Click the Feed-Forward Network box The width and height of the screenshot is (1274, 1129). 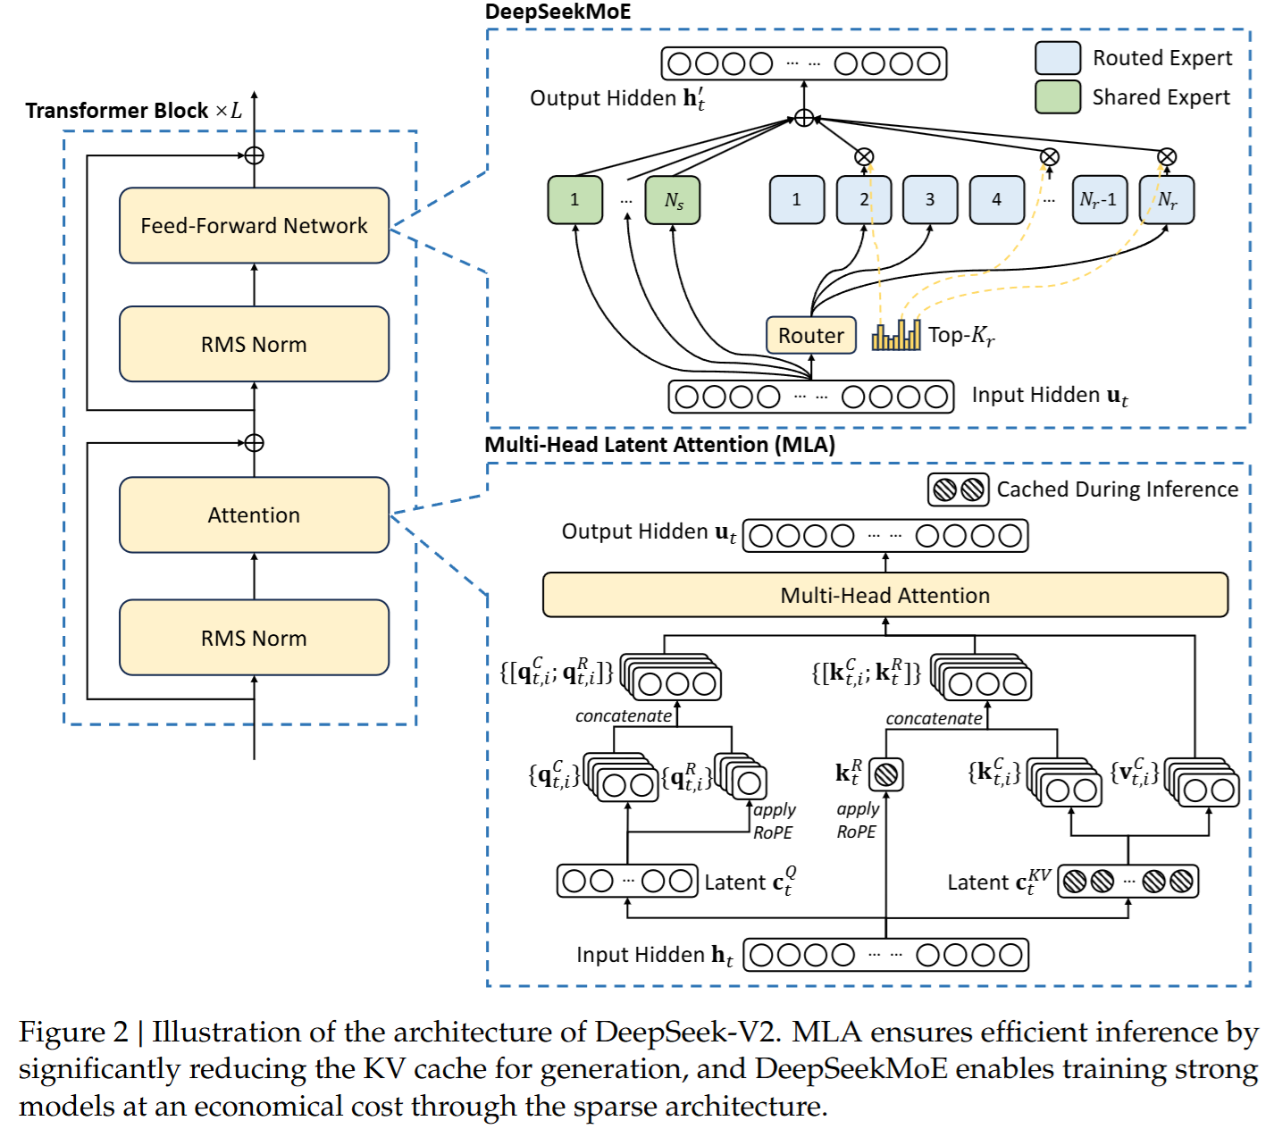tap(254, 225)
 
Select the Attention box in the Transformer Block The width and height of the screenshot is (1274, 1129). tap(254, 514)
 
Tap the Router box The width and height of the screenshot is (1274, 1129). tap(810, 335)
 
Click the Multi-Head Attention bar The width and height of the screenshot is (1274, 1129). tap(884, 595)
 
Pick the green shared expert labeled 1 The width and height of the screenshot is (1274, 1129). tap(574, 200)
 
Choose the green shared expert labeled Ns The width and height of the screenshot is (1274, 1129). tap(673, 200)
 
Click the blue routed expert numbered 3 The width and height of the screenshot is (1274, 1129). tap(930, 200)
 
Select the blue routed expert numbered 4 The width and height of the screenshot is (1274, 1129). tap(997, 200)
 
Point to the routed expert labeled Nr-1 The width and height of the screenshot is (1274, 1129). tap(1099, 200)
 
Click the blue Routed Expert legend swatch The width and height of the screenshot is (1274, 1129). tap(1058, 58)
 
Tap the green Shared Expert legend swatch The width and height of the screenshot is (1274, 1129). tap(1058, 96)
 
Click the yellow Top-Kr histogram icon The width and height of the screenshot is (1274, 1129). tap(896, 334)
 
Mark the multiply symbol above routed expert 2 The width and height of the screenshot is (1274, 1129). tap(864, 156)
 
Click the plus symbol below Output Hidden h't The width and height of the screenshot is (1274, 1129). tap(804, 118)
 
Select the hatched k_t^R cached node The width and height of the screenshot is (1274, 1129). tap(886, 774)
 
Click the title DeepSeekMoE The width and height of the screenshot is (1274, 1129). tap(557, 12)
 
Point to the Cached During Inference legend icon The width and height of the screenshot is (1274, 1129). tap(959, 489)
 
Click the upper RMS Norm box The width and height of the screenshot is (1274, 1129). tap(254, 344)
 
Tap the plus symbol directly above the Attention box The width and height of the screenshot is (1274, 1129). tap(254, 443)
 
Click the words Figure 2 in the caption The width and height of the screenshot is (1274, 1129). tap(73, 1033)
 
